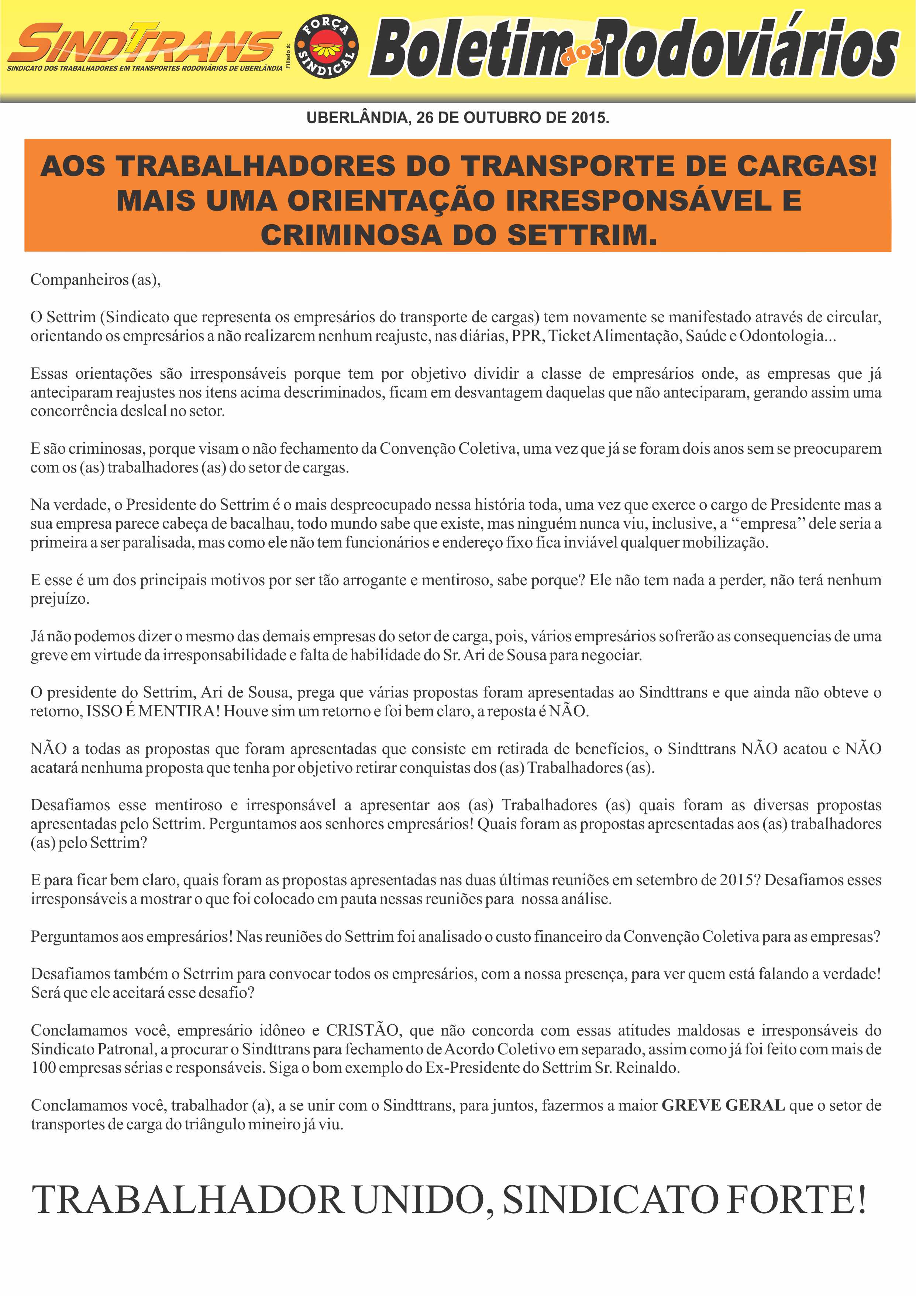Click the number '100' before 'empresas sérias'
point(43,1068)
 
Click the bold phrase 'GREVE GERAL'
point(723,1105)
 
